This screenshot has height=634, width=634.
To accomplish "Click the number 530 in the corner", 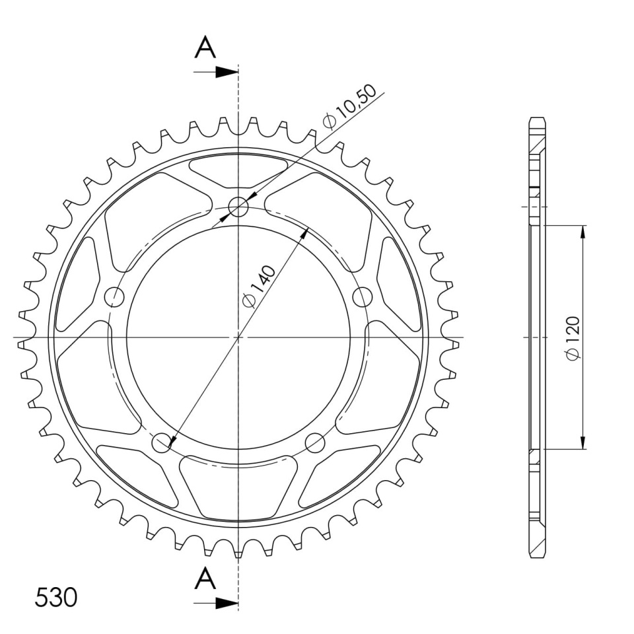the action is tap(55, 597).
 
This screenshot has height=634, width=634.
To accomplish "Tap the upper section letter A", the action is tap(205, 47).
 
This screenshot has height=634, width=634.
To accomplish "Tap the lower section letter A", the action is tap(205, 579).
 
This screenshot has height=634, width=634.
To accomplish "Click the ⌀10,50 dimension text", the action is tap(349, 106).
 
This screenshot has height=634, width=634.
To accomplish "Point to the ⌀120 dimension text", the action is tap(573, 337).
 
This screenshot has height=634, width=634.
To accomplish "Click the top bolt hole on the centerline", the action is tap(238, 207).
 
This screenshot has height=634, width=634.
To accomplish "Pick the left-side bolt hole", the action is tap(114, 297).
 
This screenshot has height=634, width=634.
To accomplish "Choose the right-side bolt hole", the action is tap(363, 297).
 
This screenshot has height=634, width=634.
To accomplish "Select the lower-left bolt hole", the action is tap(161, 442).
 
